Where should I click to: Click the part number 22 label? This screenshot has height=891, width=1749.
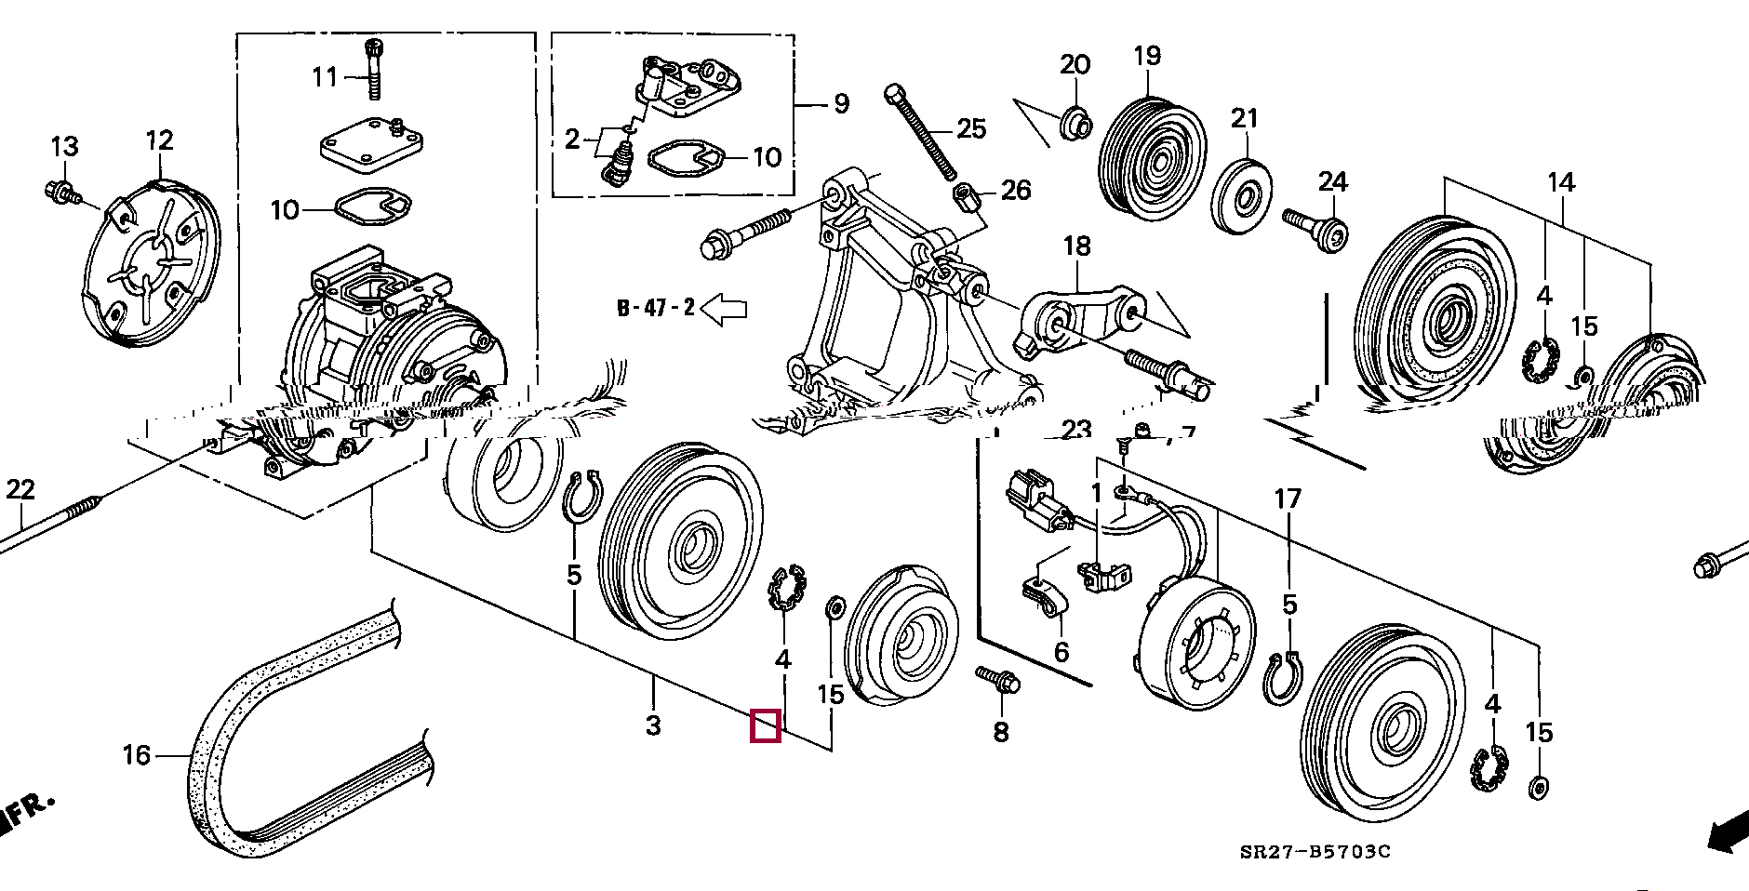[20, 489]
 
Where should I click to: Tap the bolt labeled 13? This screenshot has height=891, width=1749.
[58, 192]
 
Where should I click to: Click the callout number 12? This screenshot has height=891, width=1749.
[160, 141]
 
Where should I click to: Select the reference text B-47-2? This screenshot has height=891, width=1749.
[656, 308]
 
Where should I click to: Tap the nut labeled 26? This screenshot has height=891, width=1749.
[964, 196]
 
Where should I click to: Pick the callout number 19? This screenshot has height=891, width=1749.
[1147, 56]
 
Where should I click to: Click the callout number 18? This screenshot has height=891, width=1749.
[1076, 246]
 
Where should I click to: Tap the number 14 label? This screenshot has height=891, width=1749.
[1561, 182]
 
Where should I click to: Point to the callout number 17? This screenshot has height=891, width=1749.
[1288, 499]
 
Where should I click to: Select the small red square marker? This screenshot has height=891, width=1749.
[765, 725]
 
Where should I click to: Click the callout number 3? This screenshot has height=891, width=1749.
[653, 725]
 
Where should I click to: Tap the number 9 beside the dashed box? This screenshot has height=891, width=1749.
[841, 103]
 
